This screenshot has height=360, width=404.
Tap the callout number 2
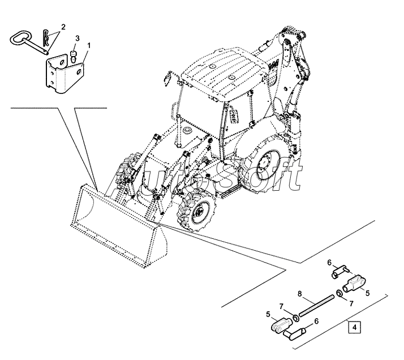(x=63, y=27)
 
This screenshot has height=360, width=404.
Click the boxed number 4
(x=353, y=327)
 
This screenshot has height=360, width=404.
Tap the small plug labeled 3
(x=73, y=55)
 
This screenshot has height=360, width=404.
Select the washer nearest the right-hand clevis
(x=338, y=293)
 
